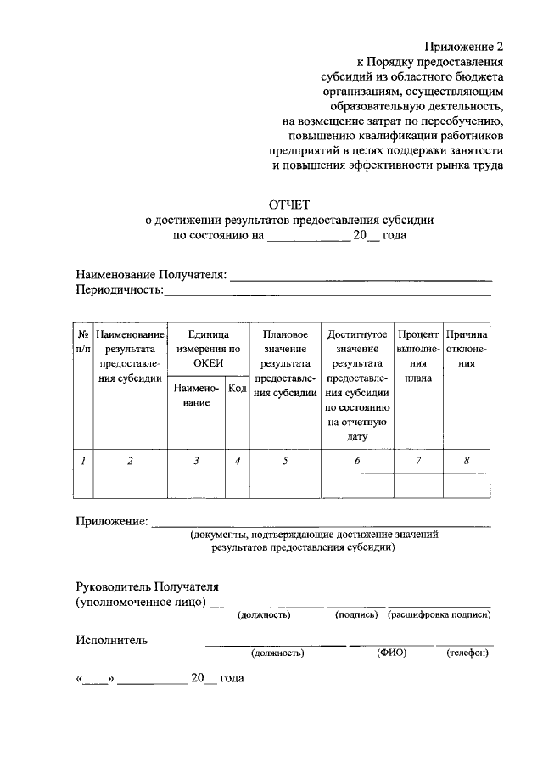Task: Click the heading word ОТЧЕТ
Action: coord(290,205)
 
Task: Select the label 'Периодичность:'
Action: coord(119,290)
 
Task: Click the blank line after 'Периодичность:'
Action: coord(327,294)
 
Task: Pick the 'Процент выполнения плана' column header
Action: coord(417,356)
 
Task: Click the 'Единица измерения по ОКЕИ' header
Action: coord(207,349)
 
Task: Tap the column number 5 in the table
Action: coord(284,461)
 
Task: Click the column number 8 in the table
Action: coord(467,461)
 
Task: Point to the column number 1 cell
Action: coord(83,461)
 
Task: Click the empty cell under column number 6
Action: coord(356,485)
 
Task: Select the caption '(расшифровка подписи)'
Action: coord(439,615)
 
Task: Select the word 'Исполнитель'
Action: coord(112,640)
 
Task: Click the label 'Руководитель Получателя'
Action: coord(148,586)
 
